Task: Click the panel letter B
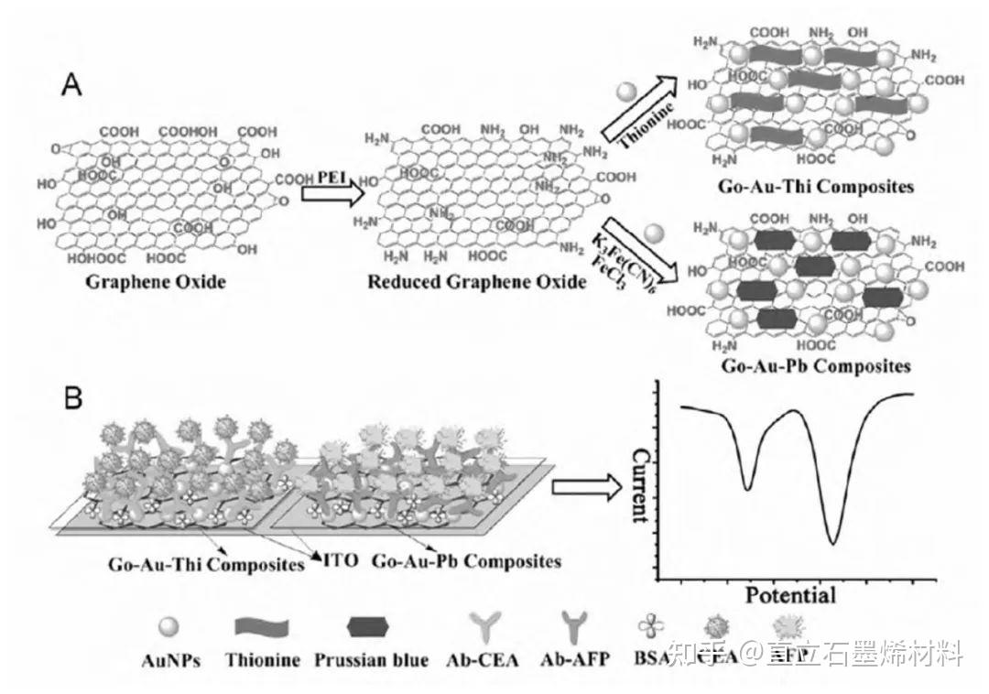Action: [x=72, y=399]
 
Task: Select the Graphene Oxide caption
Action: [x=156, y=281]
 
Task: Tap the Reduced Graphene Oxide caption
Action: [x=476, y=281]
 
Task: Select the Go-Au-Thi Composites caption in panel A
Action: [x=817, y=187]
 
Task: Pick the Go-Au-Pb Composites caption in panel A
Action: [x=815, y=367]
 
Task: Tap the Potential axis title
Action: [x=789, y=595]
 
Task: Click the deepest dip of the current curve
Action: [x=832, y=542]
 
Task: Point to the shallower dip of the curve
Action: [x=747, y=488]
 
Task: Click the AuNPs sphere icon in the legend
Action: [x=169, y=629]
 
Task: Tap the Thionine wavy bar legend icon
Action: [x=262, y=628]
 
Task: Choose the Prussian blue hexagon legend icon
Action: [x=370, y=628]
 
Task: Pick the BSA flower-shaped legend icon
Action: [x=649, y=628]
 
